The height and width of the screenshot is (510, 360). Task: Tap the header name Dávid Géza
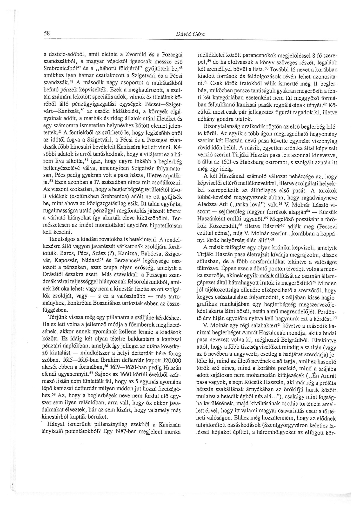pos(190,34)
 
